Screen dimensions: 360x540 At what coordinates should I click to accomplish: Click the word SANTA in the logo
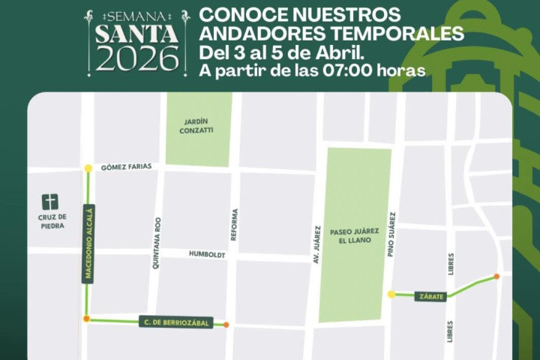point(135,34)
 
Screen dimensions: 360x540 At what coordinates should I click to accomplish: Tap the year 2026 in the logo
point(136,58)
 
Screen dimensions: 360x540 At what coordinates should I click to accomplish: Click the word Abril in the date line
point(340,54)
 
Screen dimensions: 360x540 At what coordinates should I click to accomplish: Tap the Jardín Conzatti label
point(197,125)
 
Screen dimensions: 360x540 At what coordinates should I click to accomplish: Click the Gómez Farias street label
point(127,167)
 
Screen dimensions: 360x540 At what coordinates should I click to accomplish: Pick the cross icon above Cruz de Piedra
point(49,202)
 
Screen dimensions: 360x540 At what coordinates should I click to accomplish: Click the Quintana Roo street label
point(157,243)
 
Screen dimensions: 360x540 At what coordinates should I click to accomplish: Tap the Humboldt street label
point(207,255)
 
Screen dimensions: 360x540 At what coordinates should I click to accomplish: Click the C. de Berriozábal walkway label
point(176,322)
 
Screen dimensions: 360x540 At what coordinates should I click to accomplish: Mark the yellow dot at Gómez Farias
point(88,169)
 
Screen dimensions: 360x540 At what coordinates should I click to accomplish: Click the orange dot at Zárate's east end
point(496,277)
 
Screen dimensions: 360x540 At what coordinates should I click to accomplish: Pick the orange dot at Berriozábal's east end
point(226,325)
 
